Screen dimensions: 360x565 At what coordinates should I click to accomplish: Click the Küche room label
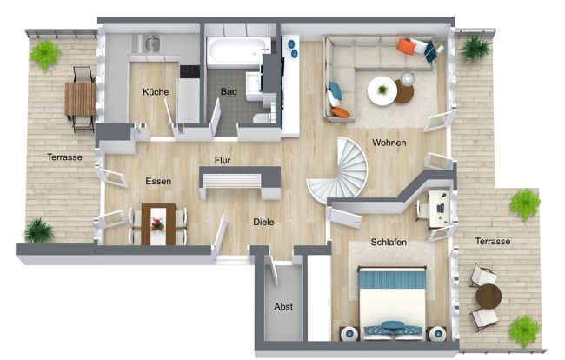tap(156, 91)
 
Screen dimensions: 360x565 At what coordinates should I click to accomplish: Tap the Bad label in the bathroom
tap(229, 91)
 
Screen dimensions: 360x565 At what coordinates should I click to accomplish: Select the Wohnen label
tap(389, 143)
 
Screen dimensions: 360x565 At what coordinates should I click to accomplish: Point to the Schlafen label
tap(389, 243)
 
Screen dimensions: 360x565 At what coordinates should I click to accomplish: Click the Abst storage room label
tap(283, 306)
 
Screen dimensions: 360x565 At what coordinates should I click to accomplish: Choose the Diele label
tap(264, 222)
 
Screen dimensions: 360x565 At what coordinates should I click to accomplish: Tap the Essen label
tap(158, 181)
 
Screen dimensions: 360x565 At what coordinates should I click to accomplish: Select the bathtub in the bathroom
tap(237, 52)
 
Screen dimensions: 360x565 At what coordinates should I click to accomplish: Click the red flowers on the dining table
tap(157, 223)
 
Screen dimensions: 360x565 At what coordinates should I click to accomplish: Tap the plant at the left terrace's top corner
tap(44, 54)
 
